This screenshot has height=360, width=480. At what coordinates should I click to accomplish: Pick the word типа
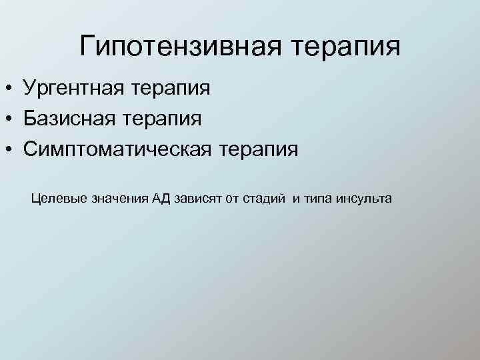click(x=317, y=199)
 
